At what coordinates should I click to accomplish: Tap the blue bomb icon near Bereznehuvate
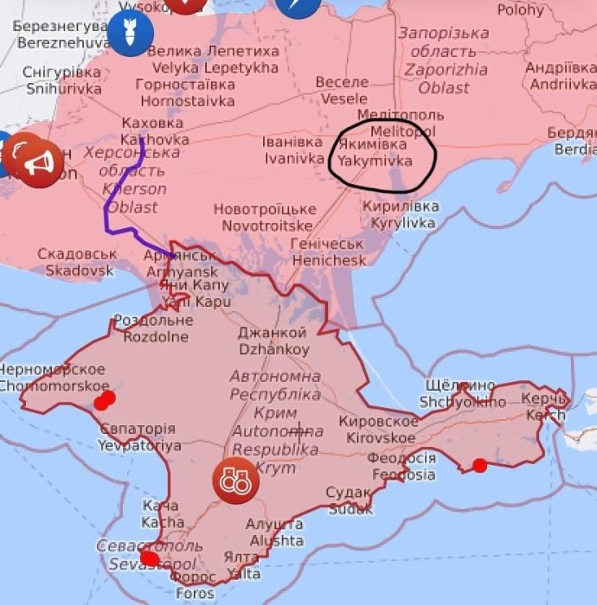[x=130, y=34]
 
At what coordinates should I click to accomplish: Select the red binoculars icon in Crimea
[x=235, y=480]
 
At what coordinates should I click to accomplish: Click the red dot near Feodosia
[x=479, y=466]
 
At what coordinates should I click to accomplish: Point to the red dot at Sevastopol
[x=150, y=559]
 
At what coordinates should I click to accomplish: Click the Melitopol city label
[x=400, y=123]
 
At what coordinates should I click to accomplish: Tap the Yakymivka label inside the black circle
[x=373, y=153]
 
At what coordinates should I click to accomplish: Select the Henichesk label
[x=328, y=252]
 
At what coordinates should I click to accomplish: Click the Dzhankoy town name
[x=273, y=341]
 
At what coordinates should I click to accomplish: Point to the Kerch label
[x=545, y=406]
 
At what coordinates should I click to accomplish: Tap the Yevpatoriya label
[x=138, y=437]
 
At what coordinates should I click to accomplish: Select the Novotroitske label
[x=265, y=218]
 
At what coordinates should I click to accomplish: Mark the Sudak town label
[x=349, y=500]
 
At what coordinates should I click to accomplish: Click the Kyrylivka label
[x=401, y=214]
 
